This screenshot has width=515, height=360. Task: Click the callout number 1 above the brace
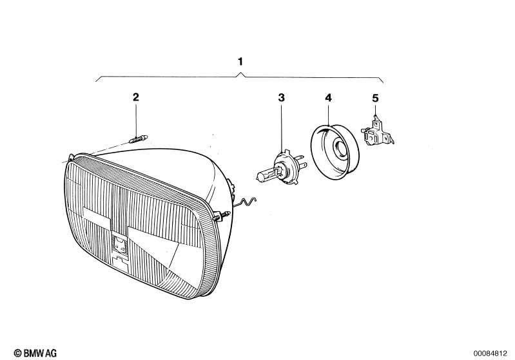pyautogui.click(x=240, y=62)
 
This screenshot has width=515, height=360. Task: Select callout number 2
pyautogui.click(x=135, y=97)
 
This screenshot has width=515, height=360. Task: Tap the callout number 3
pyautogui.click(x=281, y=97)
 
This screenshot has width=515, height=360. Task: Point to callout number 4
pyautogui.click(x=328, y=97)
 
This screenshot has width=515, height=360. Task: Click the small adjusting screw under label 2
pyautogui.click(x=138, y=138)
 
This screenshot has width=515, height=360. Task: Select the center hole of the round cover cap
pyautogui.click(x=339, y=151)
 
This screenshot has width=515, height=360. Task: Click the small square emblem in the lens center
pyautogui.click(x=119, y=243)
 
